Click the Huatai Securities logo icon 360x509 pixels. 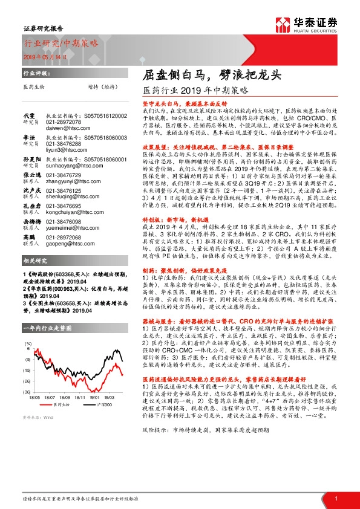pos(282,24)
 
